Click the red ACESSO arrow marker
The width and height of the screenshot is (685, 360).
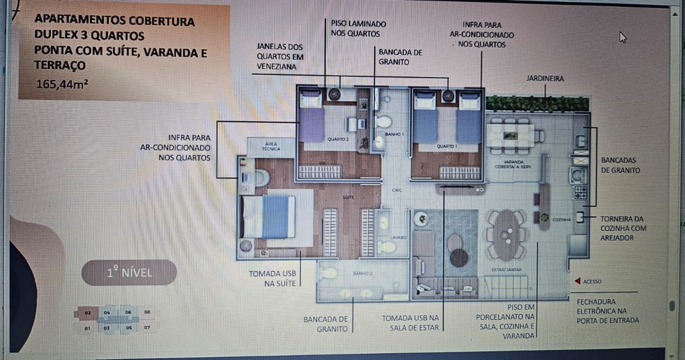coord(577,281)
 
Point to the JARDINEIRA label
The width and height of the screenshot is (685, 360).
coord(545,79)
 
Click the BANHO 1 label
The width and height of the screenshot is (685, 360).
coord(394,134)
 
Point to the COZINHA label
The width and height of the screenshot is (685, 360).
coord(560,219)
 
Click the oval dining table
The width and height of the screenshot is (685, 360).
coord(506,234)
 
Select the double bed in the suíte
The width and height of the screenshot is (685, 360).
coord(269,217)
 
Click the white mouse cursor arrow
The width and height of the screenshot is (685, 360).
coord(622,37)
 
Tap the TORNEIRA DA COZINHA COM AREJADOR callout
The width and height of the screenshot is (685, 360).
coord(623,228)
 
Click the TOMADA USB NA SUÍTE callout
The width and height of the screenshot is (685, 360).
coord(273,278)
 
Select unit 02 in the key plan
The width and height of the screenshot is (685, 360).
coord(87,312)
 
